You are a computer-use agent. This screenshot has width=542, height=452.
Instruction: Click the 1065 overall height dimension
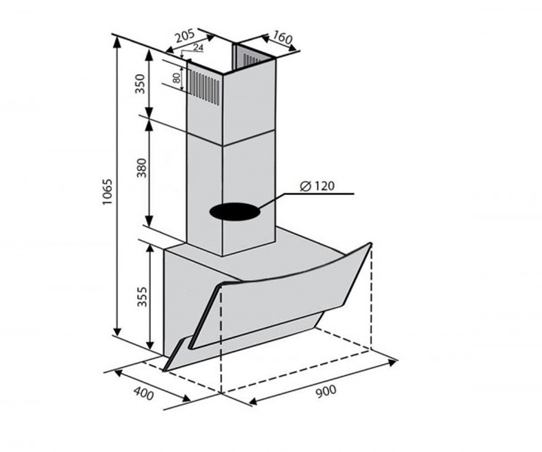click(107, 192)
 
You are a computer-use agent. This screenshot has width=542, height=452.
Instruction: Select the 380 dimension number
click(142, 168)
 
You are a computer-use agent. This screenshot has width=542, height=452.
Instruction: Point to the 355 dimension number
click(142, 297)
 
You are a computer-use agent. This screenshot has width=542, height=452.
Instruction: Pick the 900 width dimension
click(326, 392)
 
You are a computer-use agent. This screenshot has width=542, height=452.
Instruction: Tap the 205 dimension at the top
click(185, 36)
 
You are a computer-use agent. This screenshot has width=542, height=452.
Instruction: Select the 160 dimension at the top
click(282, 38)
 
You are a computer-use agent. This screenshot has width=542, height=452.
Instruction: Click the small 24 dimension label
click(198, 47)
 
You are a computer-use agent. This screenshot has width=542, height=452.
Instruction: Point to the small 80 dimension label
click(177, 78)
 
